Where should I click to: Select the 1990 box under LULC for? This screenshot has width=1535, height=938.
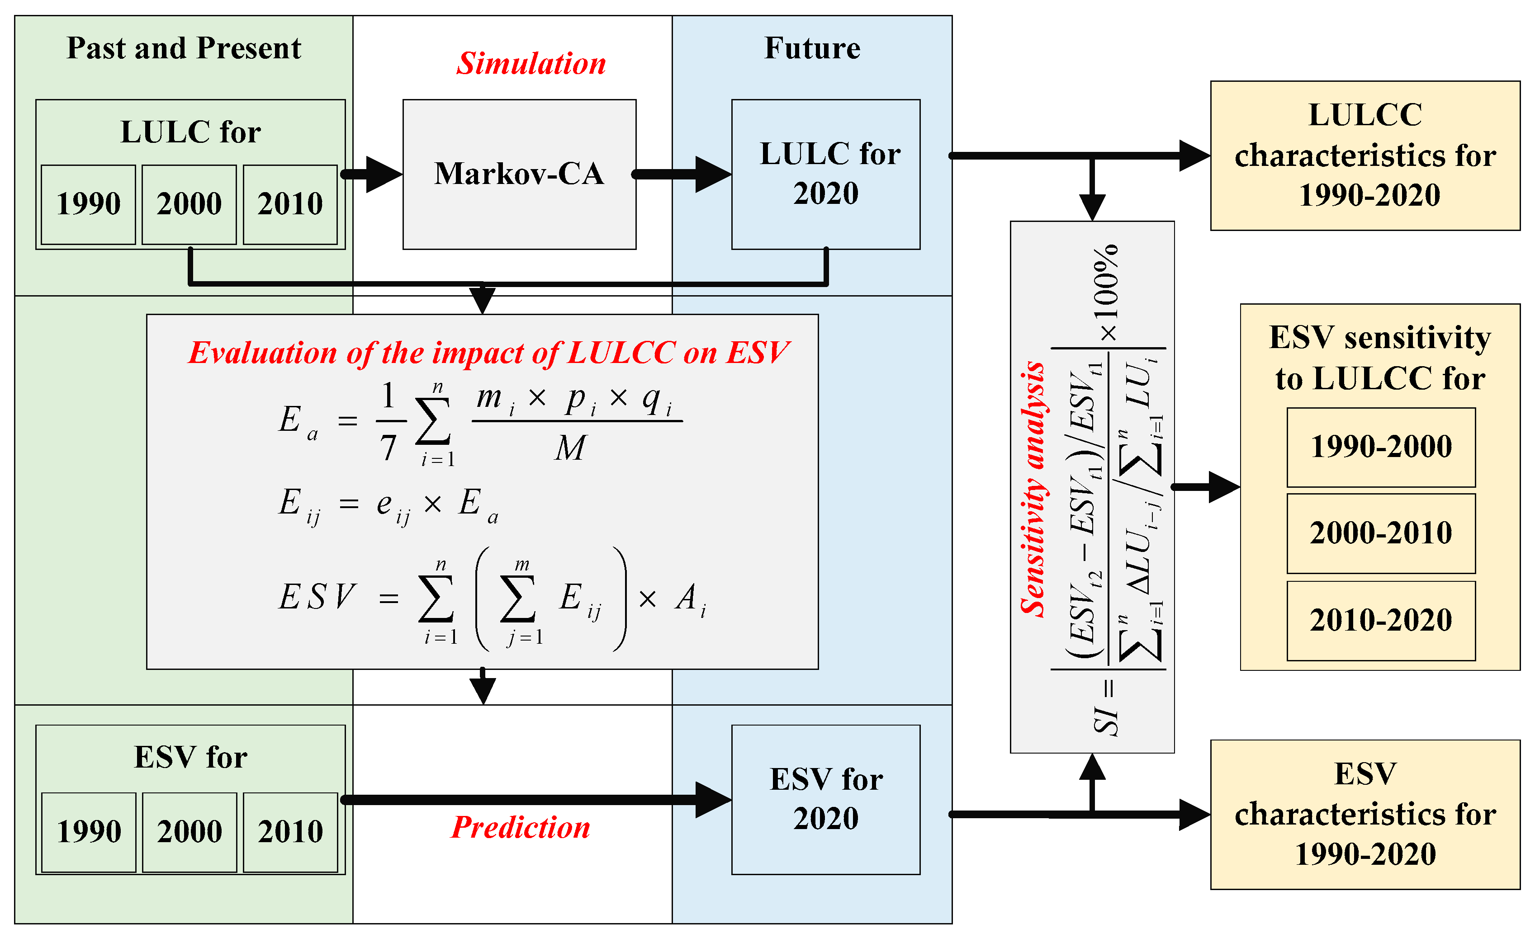coord(89,204)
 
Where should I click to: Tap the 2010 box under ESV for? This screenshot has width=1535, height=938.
coord(290,832)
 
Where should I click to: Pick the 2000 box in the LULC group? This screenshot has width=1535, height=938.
coord(190,204)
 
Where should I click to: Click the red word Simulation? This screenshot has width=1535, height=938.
coord(531,64)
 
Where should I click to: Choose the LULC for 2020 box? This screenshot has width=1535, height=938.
coord(825,174)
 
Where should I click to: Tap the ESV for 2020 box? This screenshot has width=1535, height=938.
coord(825,800)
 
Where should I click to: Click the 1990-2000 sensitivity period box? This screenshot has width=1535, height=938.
coord(1381,447)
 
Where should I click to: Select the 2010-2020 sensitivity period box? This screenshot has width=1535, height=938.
coord(1381,620)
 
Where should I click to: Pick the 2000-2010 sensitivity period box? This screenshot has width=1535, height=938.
coord(1381,533)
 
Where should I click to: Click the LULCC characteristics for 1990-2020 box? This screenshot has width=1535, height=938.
coord(1365,156)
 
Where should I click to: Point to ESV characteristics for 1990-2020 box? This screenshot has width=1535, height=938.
coord(1365,815)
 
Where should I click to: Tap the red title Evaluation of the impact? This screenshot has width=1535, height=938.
coord(488,353)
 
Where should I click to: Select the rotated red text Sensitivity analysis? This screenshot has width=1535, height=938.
coord(1033,489)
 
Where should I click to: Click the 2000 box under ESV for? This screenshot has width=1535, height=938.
coord(190,832)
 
